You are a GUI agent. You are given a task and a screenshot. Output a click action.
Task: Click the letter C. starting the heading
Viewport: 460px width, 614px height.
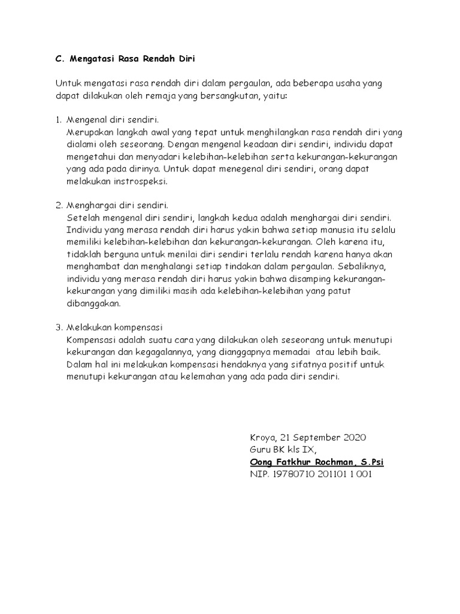tap(52, 59)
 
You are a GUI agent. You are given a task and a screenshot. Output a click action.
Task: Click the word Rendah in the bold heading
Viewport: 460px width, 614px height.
tap(156, 59)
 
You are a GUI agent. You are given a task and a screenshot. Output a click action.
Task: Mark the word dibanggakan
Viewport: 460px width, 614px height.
tap(93, 303)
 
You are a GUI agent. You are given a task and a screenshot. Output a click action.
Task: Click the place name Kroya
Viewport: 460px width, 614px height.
tap(262, 438)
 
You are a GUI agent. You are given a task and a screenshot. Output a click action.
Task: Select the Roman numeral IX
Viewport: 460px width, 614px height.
tap(305, 450)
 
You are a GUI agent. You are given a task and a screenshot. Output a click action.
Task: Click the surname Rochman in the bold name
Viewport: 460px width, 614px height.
tap(326, 462)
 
